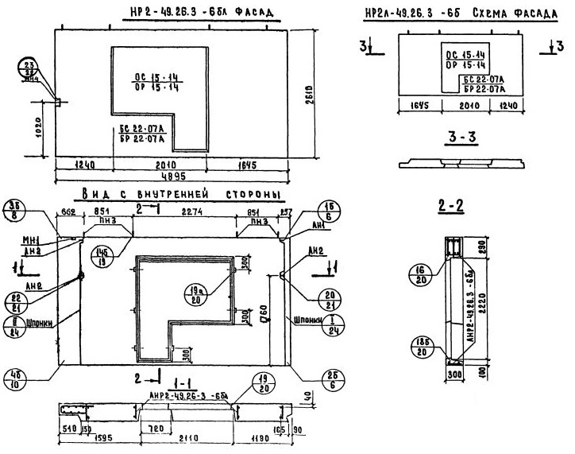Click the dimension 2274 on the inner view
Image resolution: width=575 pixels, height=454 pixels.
click(x=191, y=211)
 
